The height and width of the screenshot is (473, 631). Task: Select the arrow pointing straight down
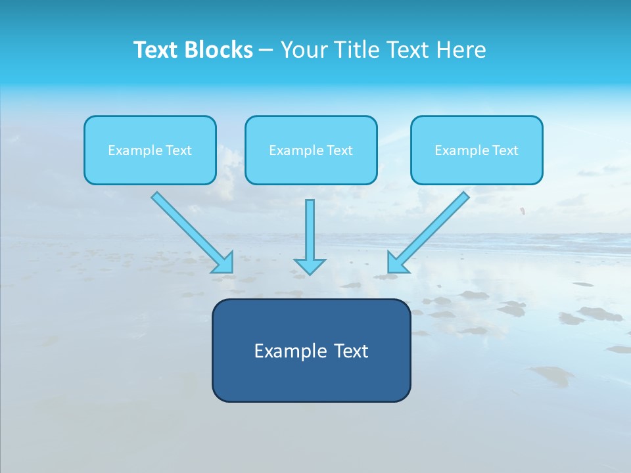tap(310, 233)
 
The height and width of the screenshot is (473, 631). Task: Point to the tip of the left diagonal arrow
tap(231, 271)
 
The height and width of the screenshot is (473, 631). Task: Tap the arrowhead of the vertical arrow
tap(310, 266)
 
